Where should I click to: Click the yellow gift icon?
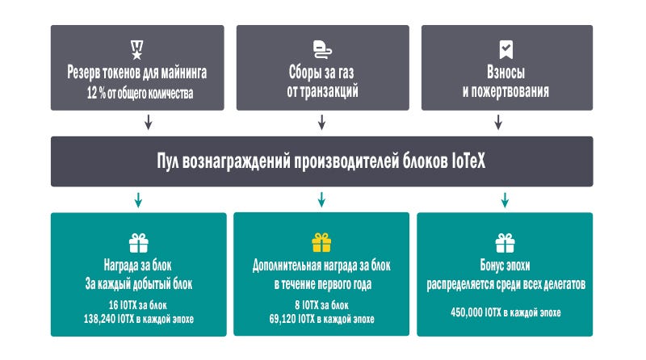click(321, 243)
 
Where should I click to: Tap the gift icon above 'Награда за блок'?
click(138, 243)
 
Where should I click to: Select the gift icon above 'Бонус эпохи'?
click(505, 243)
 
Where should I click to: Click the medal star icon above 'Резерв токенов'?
click(136, 50)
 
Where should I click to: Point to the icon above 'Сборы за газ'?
click(322, 50)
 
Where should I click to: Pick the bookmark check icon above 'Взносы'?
click(506, 50)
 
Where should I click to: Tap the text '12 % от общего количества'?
click(140, 93)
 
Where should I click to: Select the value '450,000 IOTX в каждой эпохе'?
click(505, 312)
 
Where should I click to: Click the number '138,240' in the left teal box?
click(99, 319)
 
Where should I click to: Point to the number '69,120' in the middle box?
click(283, 319)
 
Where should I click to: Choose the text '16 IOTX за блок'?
click(137, 305)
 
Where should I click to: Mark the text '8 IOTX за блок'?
click(321, 305)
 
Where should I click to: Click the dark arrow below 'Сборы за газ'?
click(321, 123)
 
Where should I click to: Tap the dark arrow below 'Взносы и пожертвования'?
click(498, 123)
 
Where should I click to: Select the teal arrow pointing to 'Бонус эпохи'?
click(505, 199)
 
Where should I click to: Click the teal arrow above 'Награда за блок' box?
click(138, 199)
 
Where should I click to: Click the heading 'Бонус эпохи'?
click(505, 266)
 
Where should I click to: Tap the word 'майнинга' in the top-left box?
click(184, 73)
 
